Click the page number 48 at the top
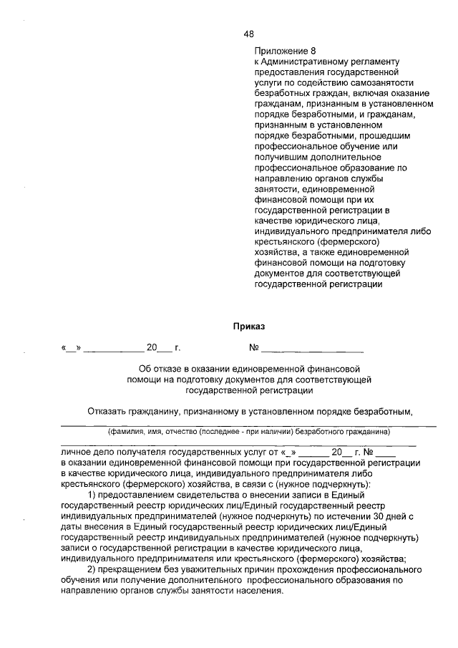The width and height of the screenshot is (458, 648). point(248,34)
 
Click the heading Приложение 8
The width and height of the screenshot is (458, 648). point(284,52)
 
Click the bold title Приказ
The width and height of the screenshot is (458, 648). point(248,327)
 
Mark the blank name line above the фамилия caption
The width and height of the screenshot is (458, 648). point(248,426)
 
